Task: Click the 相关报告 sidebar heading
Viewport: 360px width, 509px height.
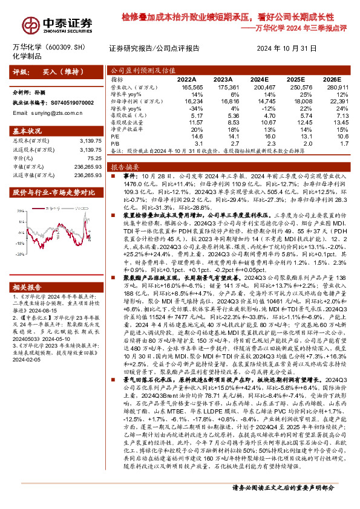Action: pos(27,270)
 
